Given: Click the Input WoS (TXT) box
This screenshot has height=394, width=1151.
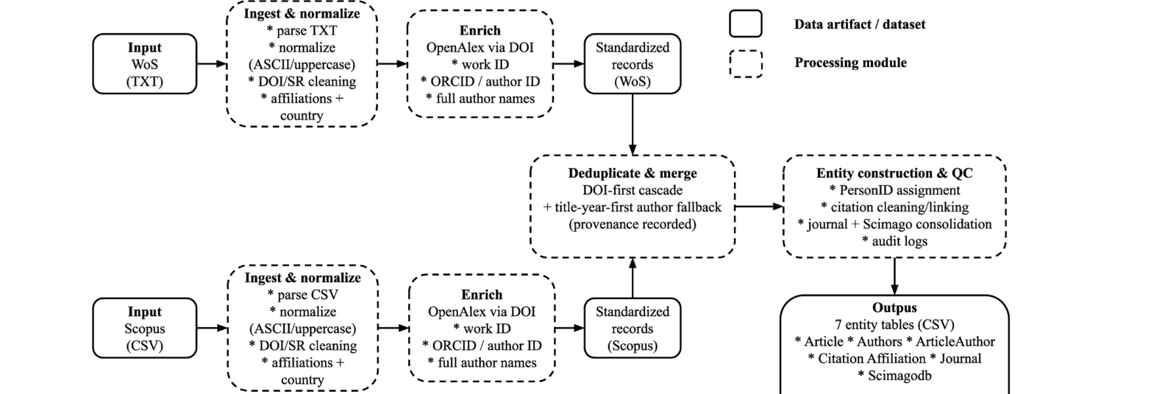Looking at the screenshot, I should point(145,64).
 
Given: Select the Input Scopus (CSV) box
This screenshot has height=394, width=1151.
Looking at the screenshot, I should point(145,328).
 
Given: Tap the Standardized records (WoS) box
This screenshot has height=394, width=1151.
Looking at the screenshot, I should point(632,64).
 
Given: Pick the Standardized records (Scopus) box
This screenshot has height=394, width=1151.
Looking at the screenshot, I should point(632,328).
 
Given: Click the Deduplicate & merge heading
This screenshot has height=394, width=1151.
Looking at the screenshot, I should point(632,174).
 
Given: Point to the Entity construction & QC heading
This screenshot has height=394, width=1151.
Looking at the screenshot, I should point(894,174).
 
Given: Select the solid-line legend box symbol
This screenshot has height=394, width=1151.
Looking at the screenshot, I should point(745,24).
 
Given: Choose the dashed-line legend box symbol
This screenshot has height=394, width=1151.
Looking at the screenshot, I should point(745,63).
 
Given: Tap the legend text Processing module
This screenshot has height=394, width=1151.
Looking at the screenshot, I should point(850,63).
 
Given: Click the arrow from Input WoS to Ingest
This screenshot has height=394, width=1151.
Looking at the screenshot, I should point(212,64).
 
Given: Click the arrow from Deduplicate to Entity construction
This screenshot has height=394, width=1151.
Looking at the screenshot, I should point(759,207).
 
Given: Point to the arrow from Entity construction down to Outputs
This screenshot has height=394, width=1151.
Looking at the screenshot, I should point(894,276).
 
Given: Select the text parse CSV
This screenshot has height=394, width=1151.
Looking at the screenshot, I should point(302,295).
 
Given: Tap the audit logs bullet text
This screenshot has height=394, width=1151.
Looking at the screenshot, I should point(894,241).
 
